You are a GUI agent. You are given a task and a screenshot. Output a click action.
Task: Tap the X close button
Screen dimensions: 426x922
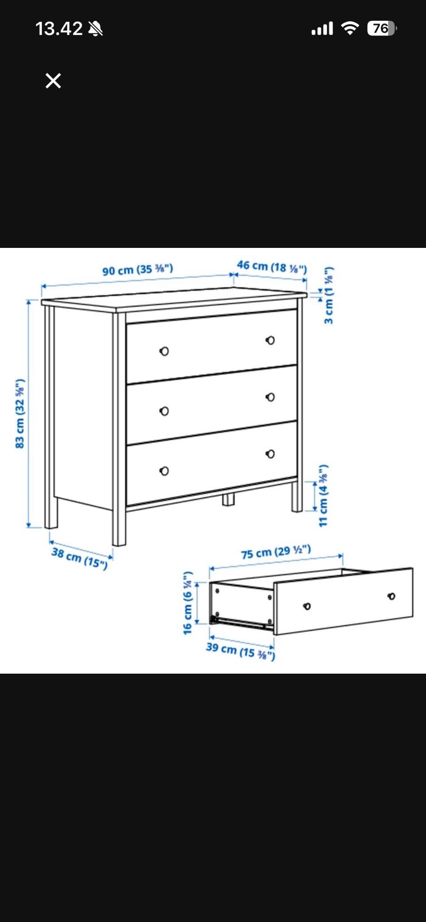click(x=53, y=81)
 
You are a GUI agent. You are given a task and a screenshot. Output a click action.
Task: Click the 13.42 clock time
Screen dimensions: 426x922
click(x=59, y=29)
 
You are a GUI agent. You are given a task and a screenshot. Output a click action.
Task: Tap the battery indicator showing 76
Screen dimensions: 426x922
click(x=382, y=28)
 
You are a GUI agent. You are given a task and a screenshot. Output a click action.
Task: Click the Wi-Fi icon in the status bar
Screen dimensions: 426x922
click(x=350, y=28)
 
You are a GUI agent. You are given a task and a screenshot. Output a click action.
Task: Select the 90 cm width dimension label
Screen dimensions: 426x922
click(x=138, y=269)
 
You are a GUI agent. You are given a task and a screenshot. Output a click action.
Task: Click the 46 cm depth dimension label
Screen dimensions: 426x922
click(x=272, y=267)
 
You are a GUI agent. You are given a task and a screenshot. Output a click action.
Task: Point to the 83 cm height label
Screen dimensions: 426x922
click(x=20, y=413)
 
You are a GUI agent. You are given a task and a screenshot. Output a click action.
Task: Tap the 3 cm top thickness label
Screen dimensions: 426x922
click(x=328, y=295)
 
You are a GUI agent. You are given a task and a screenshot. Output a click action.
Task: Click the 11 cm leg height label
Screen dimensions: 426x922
click(x=323, y=495)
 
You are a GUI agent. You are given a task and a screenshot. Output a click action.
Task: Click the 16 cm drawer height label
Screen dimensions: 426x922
click(x=188, y=603)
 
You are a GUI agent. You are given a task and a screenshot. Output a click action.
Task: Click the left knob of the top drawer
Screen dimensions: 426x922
click(x=164, y=351)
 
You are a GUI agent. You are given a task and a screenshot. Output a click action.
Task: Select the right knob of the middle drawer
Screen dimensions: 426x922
click(x=270, y=397)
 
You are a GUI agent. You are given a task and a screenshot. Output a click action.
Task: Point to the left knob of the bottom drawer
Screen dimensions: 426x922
click(x=164, y=471)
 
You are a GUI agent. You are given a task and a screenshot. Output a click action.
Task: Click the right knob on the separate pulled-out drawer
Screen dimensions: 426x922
click(x=391, y=596)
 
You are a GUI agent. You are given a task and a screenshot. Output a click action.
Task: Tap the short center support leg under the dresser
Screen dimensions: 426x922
click(x=228, y=499)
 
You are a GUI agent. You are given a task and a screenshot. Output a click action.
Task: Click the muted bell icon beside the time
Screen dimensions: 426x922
click(x=95, y=29)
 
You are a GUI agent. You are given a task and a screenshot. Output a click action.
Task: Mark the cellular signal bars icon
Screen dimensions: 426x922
click(x=322, y=29)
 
